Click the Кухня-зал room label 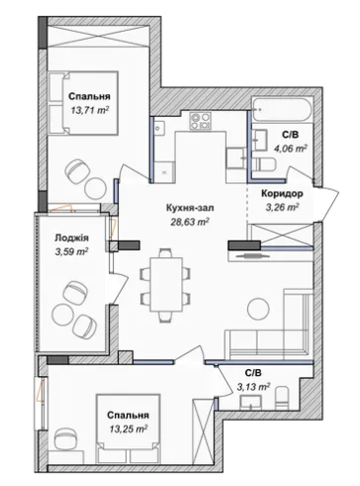(190, 208)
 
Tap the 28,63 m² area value (190, 222)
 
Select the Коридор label (282, 194)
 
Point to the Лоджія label (71, 238)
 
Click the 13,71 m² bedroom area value (90, 110)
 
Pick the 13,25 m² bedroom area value (128, 429)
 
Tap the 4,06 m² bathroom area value (291, 148)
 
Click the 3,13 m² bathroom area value (253, 386)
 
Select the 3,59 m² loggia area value (71, 252)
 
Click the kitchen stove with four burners (200, 121)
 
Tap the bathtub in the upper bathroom (282, 109)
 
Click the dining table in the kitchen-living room (166, 285)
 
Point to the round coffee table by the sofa (258, 309)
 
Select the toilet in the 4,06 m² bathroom (265, 164)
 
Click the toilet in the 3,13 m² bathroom (283, 398)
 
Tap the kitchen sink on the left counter (160, 127)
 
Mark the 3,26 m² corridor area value (282, 207)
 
